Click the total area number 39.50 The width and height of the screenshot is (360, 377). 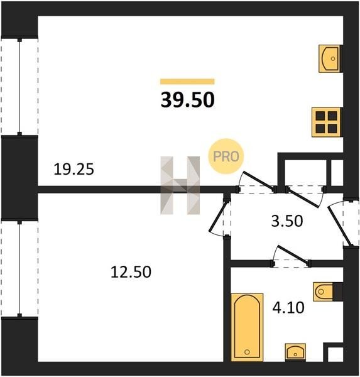click(x=187, y=100)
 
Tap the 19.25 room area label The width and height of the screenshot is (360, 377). click(x=74, y=169)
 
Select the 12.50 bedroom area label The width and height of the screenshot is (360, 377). click(x=131, y=272)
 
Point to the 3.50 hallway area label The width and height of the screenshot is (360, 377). click(x=287, y=221)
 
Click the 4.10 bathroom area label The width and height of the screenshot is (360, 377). click(x=288, y=307)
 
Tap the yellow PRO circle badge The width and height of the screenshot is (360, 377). click(x=226, y=156)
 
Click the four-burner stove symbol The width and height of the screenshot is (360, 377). click(x=326, y=122)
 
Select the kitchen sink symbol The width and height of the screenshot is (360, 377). click(x=329, y=58)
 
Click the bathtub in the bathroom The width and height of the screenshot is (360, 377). click(x=247, y=327)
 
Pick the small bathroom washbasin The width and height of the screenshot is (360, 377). click(x=295, y=352)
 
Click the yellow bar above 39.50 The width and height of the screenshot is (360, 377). click(x=187, y=82)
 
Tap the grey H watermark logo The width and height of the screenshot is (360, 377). click(x=180, y=185)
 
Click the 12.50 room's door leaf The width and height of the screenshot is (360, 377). click(x=218, y=217)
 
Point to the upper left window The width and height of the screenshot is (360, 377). click(x=19, y=87)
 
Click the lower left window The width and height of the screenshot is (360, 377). click(x=19, y=268)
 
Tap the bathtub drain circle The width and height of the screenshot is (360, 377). click(x=247, y=352)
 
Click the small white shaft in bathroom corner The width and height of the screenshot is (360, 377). click(x=335, y=354)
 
